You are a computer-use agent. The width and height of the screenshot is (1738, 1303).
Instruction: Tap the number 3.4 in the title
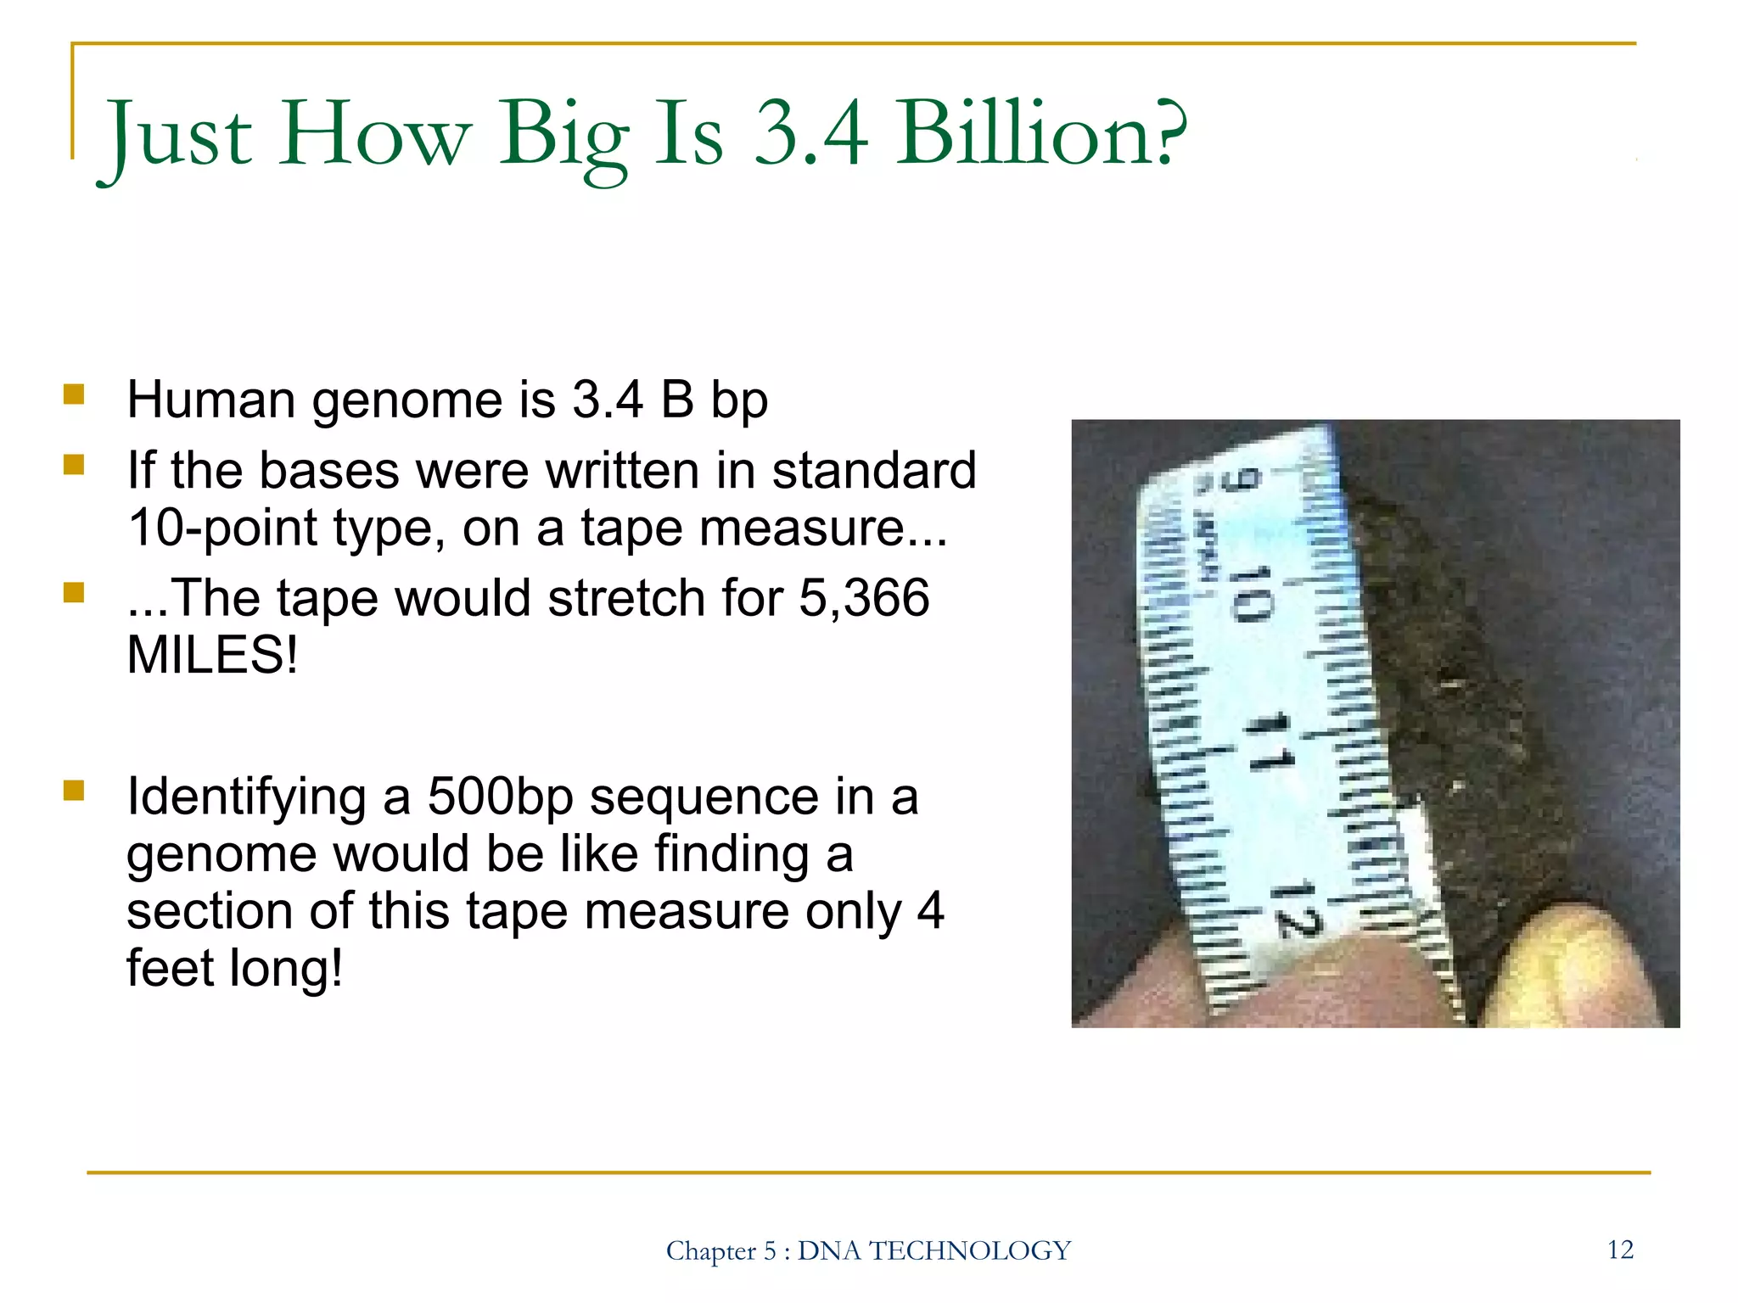811,134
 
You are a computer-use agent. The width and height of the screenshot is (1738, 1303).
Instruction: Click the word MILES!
212,655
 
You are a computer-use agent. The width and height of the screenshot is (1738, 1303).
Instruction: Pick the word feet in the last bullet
169,967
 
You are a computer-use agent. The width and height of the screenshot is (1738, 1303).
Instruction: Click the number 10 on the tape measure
1250,594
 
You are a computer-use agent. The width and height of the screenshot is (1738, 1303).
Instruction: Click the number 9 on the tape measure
1241,480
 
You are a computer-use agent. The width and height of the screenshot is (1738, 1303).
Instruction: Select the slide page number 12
1619,1250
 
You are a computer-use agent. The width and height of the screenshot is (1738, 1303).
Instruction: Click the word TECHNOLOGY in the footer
970,1251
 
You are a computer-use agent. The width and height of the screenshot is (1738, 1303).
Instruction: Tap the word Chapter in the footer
710,1251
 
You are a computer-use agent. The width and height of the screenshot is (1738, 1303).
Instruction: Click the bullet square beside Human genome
74,395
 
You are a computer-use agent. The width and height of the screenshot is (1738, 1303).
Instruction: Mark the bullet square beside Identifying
74,791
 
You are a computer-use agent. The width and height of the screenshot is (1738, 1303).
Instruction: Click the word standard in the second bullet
874,471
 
